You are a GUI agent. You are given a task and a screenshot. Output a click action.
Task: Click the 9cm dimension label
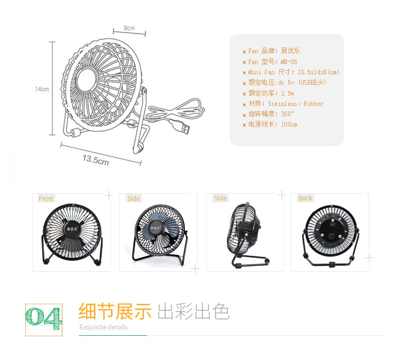[x=129, y=27]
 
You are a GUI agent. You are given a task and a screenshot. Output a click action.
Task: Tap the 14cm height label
[x=42, y=89]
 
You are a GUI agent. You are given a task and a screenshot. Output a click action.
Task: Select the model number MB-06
[x=289, y=61]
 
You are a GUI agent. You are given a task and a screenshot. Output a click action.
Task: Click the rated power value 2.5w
[x=288, y=93]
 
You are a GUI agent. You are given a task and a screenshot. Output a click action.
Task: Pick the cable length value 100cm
[x=289, y=124]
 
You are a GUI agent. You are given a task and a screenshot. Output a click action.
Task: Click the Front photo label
[x=46, y=198]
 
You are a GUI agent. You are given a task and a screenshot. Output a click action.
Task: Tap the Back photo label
[x=305, y=198]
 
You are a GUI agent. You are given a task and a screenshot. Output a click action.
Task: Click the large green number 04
[x=43, y=316]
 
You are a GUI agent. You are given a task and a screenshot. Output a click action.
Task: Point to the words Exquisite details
[x=103, y=327]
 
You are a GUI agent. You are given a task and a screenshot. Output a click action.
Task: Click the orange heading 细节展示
[x=115, y=311]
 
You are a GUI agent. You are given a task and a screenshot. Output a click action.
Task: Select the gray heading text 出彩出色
[x=194, y=311]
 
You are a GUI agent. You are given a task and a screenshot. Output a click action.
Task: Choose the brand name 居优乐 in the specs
[x=290, y=51]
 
